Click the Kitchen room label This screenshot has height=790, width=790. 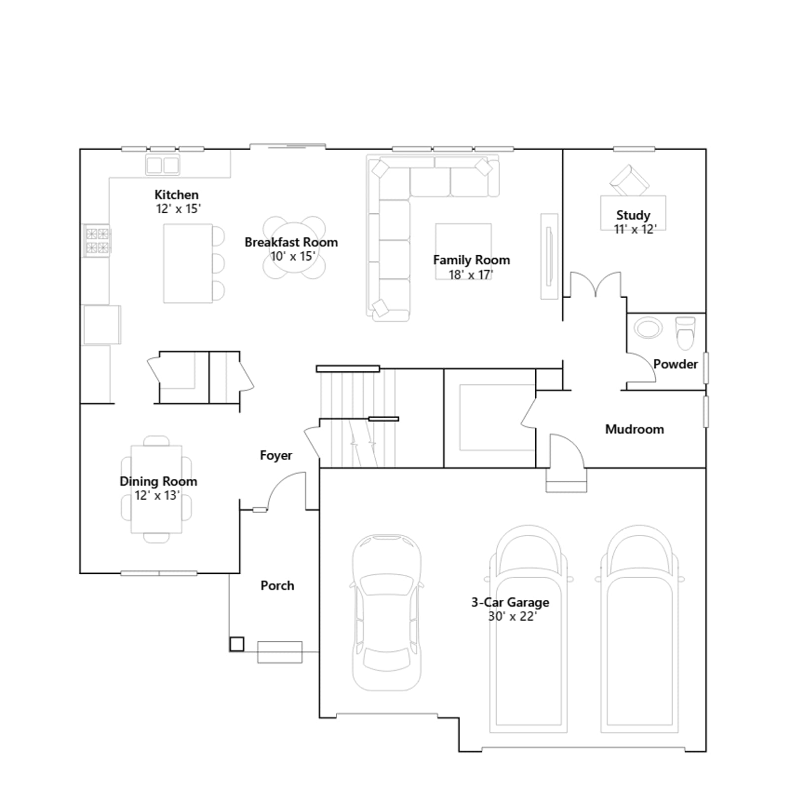point(176,195)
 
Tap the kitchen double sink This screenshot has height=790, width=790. point(162,165)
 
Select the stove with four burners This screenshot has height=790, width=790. point(97,240)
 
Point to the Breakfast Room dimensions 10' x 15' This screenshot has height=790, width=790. point(292,256)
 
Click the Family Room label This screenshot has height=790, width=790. point(472,260)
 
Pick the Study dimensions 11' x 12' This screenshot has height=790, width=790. point(635,229)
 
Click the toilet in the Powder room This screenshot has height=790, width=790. point(685,333)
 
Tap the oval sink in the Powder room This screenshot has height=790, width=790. point(648,328)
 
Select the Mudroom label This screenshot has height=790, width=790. point(634,429)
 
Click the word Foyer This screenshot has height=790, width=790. point(276,455)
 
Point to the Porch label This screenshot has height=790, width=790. point(277,586)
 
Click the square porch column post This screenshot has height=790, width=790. point(237,644)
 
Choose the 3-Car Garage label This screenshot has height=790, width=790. point(510,602)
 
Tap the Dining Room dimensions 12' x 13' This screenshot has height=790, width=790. point(157,495)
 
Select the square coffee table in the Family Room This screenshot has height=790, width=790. point(463,252)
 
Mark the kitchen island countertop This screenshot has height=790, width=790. point(188,263)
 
